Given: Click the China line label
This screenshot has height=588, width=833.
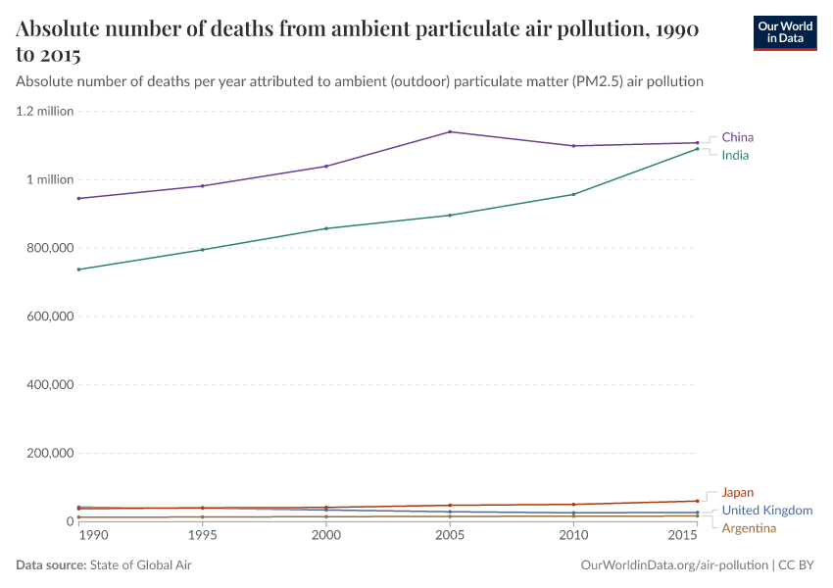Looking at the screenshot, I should point(737,137).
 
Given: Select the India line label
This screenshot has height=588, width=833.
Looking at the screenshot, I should point(735,155).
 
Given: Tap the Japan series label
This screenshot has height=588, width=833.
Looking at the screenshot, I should point(737,492).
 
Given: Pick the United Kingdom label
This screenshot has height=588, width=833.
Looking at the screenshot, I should point(766,511).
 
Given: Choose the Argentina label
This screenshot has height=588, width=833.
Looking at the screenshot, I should point(755,528).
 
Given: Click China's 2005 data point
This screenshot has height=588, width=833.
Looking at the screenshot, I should point(450,131).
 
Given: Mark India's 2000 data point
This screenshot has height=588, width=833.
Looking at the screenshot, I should point(326,228).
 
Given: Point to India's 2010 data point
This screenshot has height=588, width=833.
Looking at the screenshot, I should point(573,194).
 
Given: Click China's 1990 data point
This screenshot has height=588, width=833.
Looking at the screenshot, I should point(78,198).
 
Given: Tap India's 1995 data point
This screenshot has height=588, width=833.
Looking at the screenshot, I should point(202,250).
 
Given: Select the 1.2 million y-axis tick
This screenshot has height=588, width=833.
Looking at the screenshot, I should point(45,111).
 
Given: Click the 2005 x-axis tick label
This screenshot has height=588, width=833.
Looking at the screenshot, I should point(450,536).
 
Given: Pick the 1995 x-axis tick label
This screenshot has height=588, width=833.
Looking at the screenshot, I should point(202,536).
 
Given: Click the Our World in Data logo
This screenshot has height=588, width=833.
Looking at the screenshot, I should point(785,31).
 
